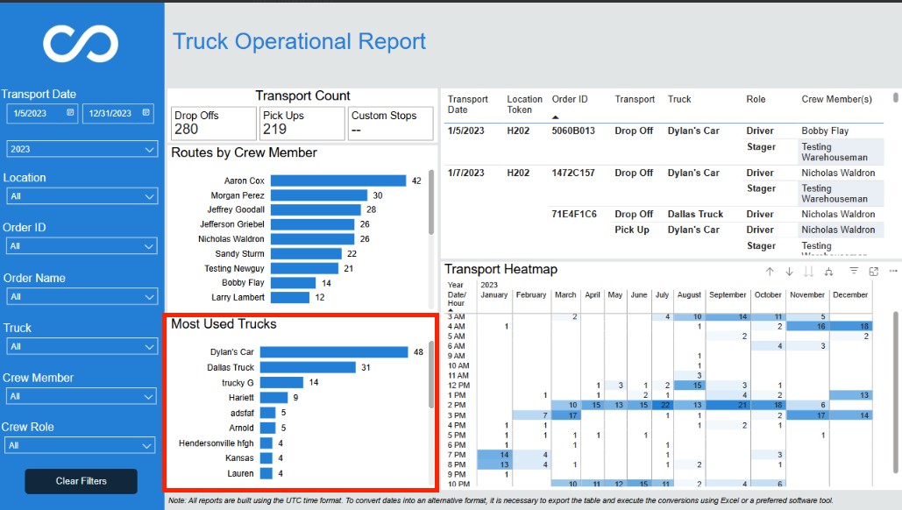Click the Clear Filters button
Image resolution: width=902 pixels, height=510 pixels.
[82, 481]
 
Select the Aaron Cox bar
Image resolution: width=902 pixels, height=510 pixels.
[338, 181]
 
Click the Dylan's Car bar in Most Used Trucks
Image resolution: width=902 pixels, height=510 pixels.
[334, 352]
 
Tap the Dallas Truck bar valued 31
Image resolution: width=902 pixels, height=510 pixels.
[308, 367]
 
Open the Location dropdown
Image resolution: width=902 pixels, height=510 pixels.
[82, 196]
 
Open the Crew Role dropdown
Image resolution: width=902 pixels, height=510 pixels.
[80, 446]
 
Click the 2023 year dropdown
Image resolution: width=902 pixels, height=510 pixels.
[82, 149]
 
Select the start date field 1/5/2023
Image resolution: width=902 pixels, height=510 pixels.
[41, 113]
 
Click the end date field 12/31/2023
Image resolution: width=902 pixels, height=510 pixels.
[118, 113]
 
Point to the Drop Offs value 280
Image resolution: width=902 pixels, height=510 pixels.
[187, 130]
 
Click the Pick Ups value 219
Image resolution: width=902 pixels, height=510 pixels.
[274, 130]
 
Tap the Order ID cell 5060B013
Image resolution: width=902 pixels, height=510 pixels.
[573, 131]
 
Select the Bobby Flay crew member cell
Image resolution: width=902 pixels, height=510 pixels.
[825, 131]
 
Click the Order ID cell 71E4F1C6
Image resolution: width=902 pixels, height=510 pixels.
[574, 214]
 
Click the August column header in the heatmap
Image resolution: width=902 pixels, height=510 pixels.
[689, 295]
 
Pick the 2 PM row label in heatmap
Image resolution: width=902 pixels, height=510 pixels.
[457, 405]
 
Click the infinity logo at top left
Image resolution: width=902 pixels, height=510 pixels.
[81, 44]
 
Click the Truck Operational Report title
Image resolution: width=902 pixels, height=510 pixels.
[299, 41]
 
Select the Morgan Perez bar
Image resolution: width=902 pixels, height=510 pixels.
[319, 195]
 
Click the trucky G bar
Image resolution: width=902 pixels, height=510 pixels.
[281, 382]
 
